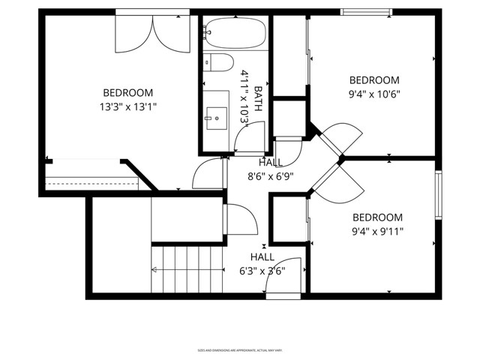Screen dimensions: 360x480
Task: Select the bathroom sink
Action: click(216, 115)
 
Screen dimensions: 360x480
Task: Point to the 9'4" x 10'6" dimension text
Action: click(374, 94)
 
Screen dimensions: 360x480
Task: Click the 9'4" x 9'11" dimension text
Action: click(378, 231)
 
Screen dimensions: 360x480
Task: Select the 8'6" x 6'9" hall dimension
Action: click(270, 177)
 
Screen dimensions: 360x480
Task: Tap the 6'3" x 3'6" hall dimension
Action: click(262, 271)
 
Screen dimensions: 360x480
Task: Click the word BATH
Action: click(258, 98)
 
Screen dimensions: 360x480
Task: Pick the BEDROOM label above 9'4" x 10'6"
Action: click(374, 80)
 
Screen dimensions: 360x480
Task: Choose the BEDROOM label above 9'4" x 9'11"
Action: click(378, 217)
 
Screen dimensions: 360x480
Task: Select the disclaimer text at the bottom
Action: click(239, 349)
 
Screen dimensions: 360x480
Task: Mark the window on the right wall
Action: click(439, 195)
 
